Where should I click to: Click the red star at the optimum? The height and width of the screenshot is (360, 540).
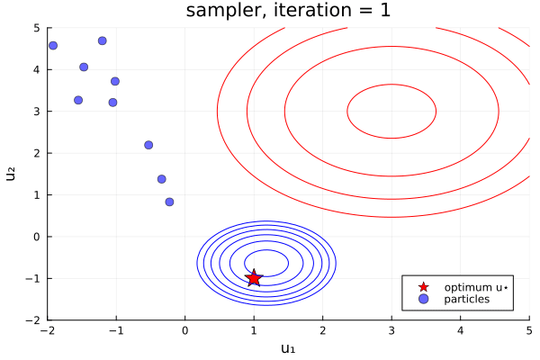[x=254, y=278]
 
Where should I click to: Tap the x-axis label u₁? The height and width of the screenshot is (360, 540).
[x=288, y=348]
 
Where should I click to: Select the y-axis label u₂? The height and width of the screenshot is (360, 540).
[x=12, y=174]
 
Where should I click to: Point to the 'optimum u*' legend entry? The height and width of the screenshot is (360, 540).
[x=477, y=287]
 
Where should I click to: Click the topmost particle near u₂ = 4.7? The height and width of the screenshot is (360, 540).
[x=103, y=40]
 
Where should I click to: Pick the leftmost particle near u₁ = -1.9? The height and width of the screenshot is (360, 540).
[x=53, y=45]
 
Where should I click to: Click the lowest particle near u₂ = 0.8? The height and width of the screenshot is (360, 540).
[x=169, y=202]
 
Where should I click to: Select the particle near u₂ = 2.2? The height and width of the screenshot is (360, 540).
[x=148, y=145]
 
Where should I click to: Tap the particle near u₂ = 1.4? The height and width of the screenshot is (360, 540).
[x=162, y=179]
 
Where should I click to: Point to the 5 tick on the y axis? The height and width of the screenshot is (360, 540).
[x=37, y=28]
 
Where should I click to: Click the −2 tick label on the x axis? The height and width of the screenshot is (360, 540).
[x=48, y=330]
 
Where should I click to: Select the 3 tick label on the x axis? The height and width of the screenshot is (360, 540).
[x=391, y=330]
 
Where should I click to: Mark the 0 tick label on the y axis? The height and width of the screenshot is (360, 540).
[x=37, y=237]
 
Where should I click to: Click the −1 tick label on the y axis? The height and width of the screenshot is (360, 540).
[x=34, y=278]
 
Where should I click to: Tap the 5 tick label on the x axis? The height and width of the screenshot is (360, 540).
[x=529, y=330]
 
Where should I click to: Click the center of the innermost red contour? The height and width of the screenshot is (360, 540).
[x=391, y=112]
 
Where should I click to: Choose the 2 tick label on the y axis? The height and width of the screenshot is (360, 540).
[x=37, y=153]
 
